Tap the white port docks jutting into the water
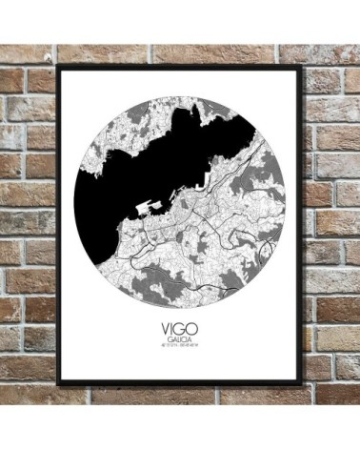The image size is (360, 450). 150,204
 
